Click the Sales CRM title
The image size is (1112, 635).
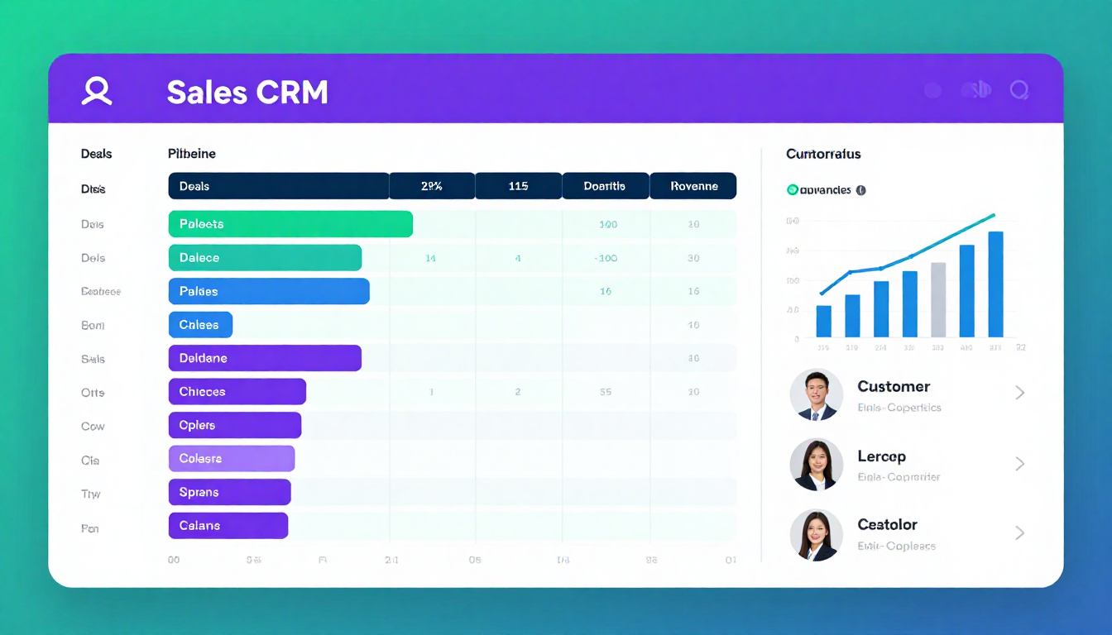tap(247, 92)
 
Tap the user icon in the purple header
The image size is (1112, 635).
tap(97, 91)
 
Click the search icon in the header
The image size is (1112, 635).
tap(1019, 90)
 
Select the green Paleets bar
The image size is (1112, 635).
tap(290, 224)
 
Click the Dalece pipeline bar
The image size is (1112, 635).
tap(265, 258)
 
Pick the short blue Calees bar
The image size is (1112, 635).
tap(200, 325)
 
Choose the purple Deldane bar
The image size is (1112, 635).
tap(265, 359)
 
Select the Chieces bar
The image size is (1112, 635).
tap(237, 392)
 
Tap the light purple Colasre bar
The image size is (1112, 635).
tap(232, 459)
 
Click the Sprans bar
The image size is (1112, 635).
tap(229, 493)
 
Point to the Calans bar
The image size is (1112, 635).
tap(228, 526)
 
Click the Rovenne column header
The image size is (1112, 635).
tap(693, 186)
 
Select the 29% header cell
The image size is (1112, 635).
tap(431, 186)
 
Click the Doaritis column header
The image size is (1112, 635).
tap(605, 186)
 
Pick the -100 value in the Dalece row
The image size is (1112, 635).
tap(606, 258)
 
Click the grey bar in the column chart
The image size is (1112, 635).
tap(938, 299)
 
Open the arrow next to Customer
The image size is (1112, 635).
tap(1019, 393)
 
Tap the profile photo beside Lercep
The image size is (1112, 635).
tap(816, 464)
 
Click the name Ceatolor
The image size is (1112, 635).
tap(887, 524)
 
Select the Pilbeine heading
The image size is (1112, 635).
tap(191, 154)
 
